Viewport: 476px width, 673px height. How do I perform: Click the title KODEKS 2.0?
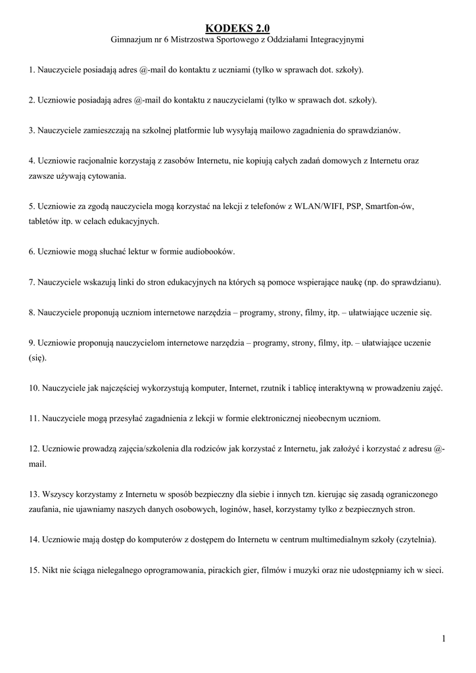click(x=237, y=28)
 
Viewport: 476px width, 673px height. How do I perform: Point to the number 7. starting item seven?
click(x=32, y=282)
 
